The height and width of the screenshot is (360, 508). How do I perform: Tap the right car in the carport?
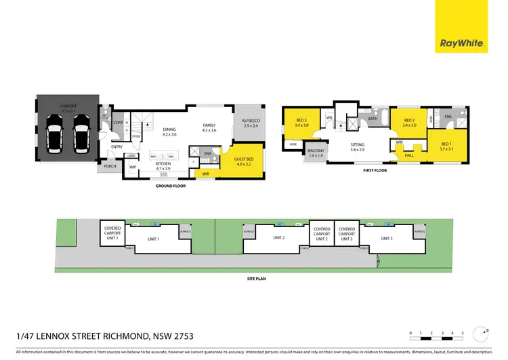pyautogui.click(x=81, y=134)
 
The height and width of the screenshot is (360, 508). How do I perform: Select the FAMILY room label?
pyautogui.click(x=209, y=127)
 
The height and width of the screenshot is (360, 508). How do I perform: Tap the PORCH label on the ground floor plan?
pyautogui.click(x=110, y=166)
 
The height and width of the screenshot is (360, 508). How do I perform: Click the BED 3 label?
pyautogui.click(x=301, y=123)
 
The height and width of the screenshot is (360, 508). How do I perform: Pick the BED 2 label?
pyautogui.click(x=408, y=123)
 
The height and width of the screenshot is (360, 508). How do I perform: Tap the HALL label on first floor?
pyautogui.click(x=409, y=155)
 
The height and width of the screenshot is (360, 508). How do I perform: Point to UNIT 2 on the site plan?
pyautogui.click(x=278, y=237)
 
